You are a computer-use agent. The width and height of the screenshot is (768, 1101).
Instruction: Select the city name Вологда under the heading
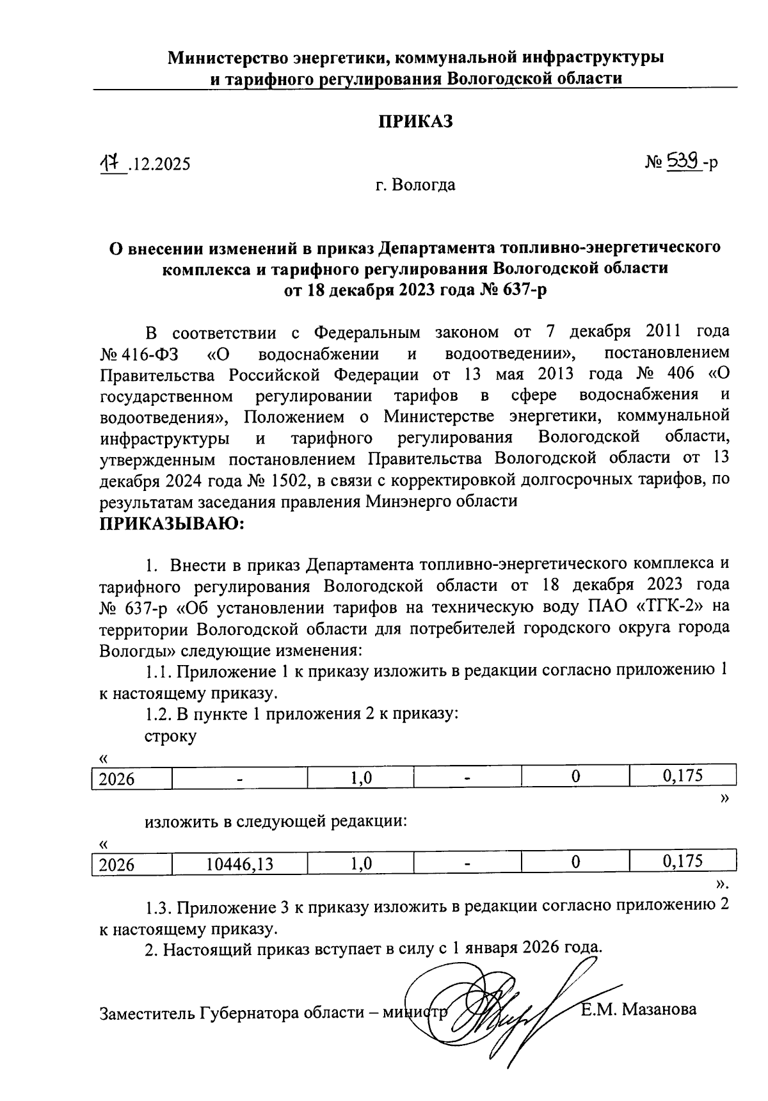424,186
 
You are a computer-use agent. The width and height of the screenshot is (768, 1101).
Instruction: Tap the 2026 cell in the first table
116,779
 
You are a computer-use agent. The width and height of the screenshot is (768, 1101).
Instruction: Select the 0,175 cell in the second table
683,862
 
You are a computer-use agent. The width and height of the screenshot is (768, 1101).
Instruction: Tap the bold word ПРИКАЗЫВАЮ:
172,525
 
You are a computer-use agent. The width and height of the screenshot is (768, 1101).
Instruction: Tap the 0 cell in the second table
575,862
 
